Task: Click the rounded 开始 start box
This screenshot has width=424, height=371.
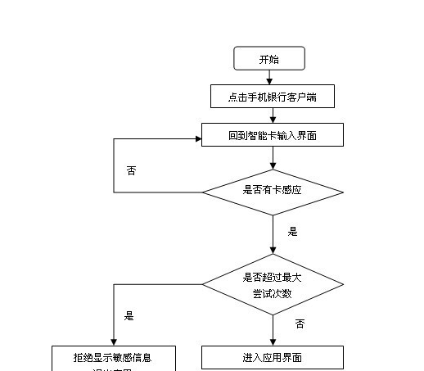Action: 269,58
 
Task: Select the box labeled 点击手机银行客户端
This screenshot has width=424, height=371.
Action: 273,97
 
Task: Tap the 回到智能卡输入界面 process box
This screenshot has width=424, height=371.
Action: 273,135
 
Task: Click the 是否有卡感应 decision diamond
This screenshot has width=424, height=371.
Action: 273,192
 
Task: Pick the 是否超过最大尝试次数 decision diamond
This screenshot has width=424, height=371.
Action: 273,285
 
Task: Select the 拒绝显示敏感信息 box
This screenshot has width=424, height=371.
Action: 112,358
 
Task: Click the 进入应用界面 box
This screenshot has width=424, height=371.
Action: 273,358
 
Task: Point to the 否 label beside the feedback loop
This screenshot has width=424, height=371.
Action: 131,170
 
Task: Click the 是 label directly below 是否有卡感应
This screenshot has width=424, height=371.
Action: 292,232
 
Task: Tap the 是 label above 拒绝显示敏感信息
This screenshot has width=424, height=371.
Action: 129,315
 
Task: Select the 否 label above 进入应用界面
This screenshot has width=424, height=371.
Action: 300,324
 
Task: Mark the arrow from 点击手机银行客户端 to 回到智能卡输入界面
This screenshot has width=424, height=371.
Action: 273,115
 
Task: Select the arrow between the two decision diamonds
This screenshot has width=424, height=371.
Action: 273,238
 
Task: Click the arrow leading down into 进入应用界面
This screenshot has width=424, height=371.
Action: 273,332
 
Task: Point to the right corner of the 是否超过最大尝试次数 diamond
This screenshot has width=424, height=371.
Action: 341,285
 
